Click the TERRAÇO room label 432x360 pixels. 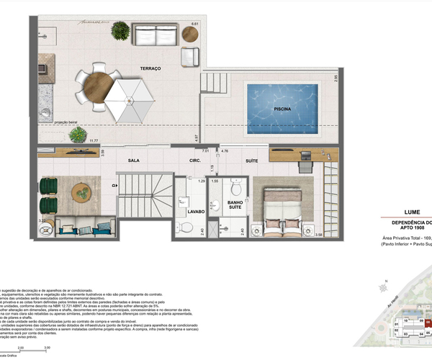(150, 68)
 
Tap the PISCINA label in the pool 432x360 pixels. (283, 110)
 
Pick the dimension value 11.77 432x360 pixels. (94, 142)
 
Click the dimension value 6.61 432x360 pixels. (194, 25)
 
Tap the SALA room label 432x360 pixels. (133, 161)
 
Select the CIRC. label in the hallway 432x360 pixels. (174, 161)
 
